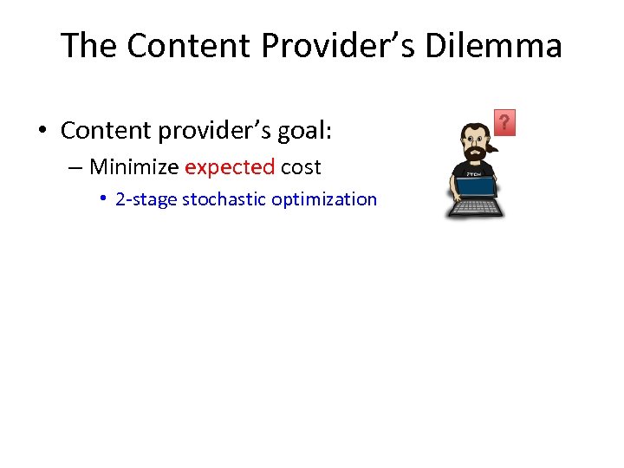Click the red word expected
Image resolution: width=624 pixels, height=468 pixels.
(x=230, y=166)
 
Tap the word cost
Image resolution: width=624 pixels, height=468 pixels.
(x=301, y=166)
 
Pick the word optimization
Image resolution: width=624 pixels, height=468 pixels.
(x=324, y=199)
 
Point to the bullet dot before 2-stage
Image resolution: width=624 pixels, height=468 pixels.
(x=102, y=199)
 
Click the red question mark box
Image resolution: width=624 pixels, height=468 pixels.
(x=504, y=122)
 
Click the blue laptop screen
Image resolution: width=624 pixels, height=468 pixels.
(x=475, y=187)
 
